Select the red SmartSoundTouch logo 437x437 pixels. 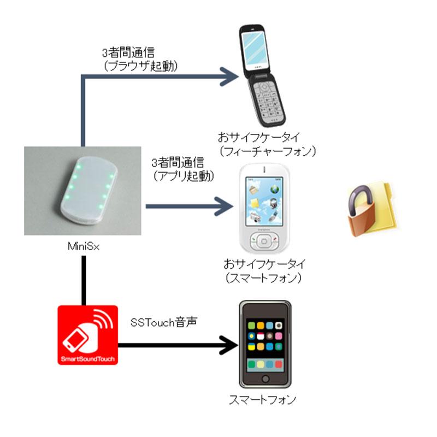point(87,335)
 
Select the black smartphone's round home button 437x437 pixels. point(265,379)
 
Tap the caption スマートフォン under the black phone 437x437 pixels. point(264,400)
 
